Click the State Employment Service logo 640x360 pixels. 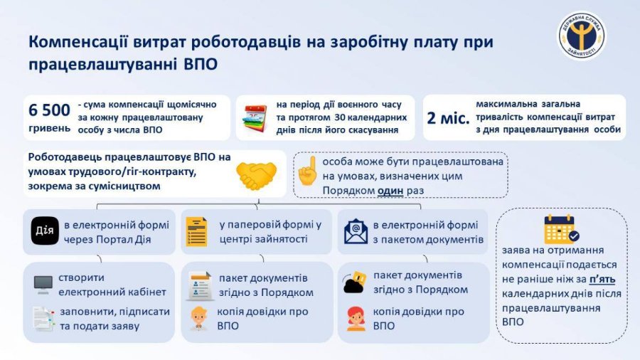pos(582,36)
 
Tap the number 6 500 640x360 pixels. pos(49,110)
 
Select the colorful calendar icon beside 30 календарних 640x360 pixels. pos(255,118)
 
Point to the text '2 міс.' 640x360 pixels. pos(448,118)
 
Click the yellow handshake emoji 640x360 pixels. pos(256,176)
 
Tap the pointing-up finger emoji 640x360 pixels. pos(308,171)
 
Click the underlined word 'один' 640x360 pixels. pos(390,191)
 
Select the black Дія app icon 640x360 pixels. pos(45,231)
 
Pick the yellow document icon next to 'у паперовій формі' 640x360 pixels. pos(197,231)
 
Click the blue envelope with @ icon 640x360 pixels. pos(356,231)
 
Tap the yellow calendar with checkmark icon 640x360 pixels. pos(561,229)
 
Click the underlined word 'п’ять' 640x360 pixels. pos(602,279)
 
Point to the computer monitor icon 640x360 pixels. pos(43,285)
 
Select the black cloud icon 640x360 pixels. pos(354,282)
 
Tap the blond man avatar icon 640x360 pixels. pos(199,318)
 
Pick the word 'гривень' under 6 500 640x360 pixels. pos(49,128)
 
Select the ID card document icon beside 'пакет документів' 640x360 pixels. pos(199,286)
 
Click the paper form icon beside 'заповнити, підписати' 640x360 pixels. pos(44,318)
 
